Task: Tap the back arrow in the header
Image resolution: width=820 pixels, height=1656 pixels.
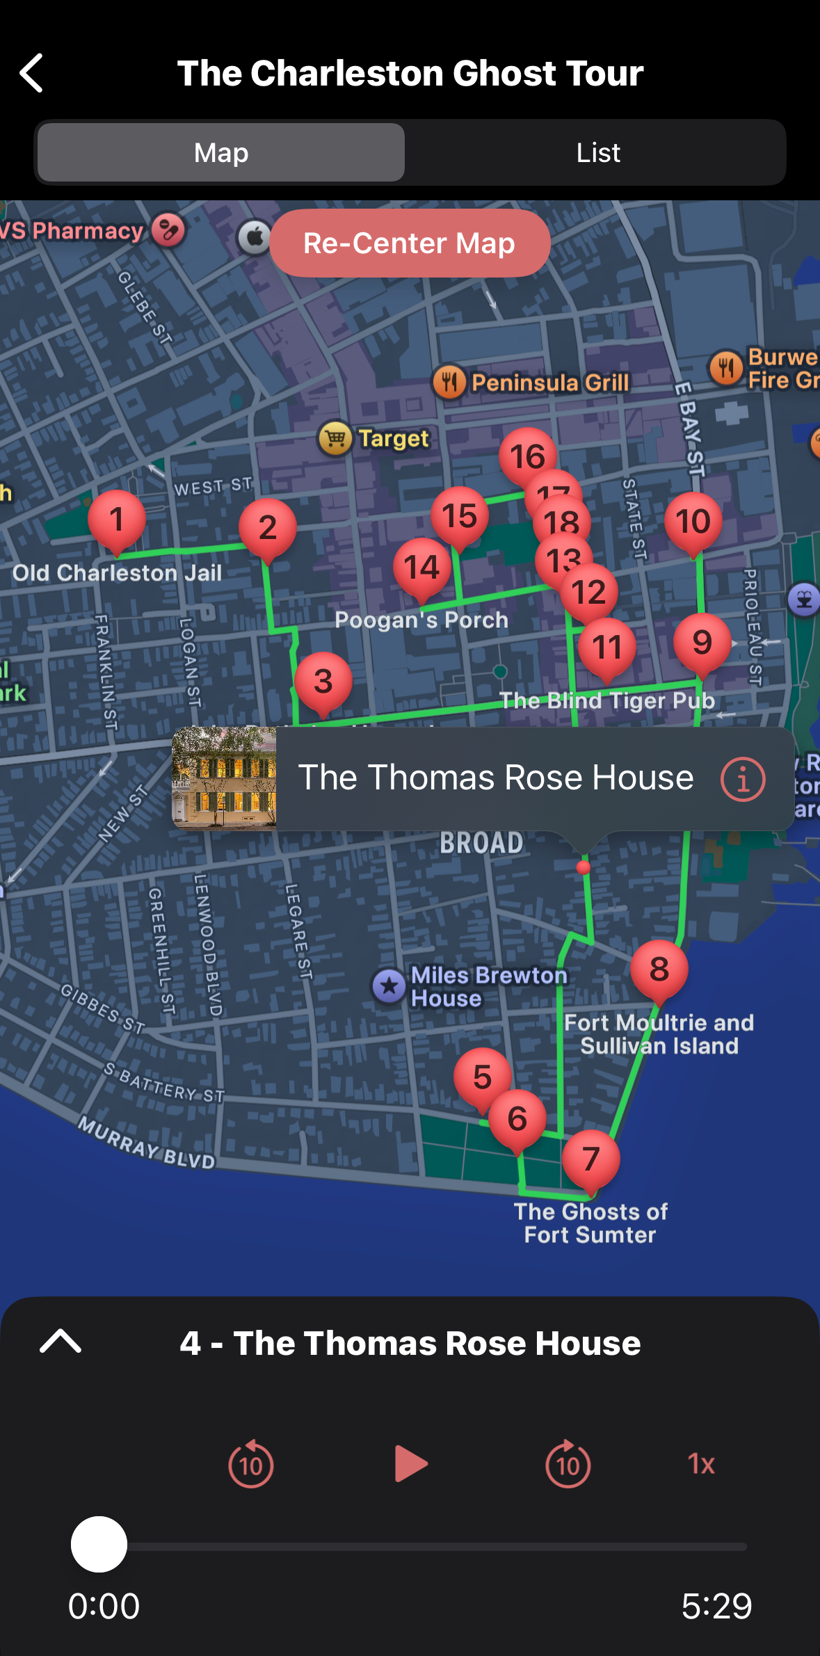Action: pyautogui.click(x=32, y=73)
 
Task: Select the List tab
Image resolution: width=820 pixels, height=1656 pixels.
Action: pyautogui.click(x=597, y=153)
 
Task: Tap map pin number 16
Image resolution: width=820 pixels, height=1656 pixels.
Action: pyautogui.click(x=527, y=456)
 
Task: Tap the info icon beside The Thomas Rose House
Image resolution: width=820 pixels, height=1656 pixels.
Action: pyautogui.click(x=743, y=779)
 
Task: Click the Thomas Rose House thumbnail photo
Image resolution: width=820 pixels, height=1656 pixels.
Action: pyautogui.click(x=225, y=779)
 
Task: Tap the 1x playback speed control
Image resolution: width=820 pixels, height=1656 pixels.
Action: pyautogui.click(x=701, y=1464)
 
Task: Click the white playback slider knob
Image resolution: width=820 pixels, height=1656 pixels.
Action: pyautogui.click(x=99, y=1545)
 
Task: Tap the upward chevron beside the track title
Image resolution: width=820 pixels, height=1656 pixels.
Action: pyautogui.click(x=61, y=1341)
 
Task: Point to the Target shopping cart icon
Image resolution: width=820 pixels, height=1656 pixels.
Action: pyautogui.click(x=335, y=438)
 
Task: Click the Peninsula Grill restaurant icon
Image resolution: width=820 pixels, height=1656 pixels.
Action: pyautogui.click(x=449, y=382)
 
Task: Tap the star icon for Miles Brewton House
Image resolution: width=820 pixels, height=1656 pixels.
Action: pyautogui.click(x=389, y=986)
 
